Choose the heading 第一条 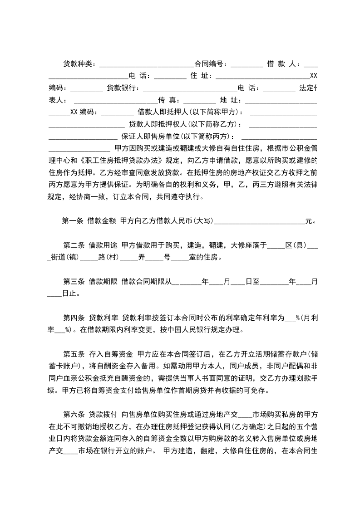pyautogui.click(x=72, y=221)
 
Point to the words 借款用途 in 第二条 pyautogui.click(x=103, y=246)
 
